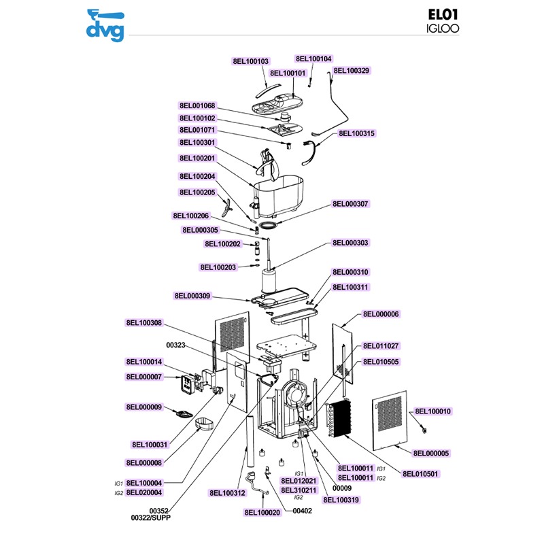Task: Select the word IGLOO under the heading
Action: (x=440, y=29)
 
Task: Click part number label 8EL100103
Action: (x=251, y=61)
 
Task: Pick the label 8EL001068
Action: (x=197, y=106)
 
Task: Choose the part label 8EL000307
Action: (x=350, y=204)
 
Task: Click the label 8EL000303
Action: (x=350, y=243)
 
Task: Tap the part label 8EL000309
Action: (x=192, y=296)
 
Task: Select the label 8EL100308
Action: (x=143, y=323)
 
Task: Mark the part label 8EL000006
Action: (x=381, y=314)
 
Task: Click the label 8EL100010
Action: (x=433, y=411)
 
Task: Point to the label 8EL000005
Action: (x=430, y=453)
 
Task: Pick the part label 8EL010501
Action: (x=420, y=474)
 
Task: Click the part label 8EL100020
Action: (x=262, y=513)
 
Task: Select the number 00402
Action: (x=302, y=511)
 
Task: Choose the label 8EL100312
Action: (x=227, y=493)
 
